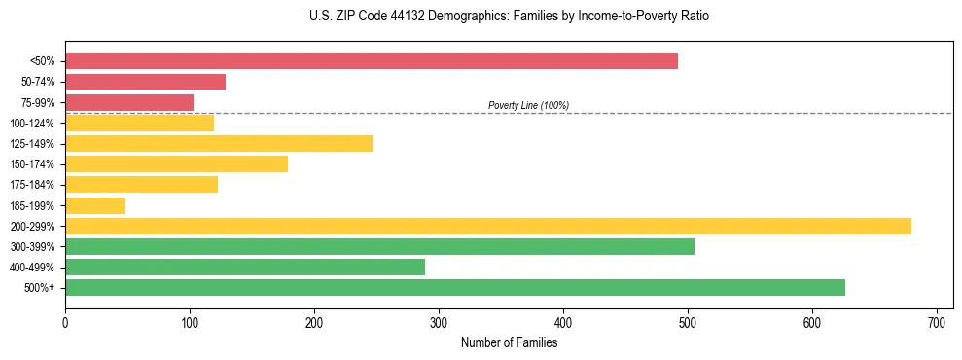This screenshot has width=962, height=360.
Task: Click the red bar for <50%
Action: pyautogui.click(x=371, y=61)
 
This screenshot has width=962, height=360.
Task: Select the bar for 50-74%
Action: pyautogui.click(x=145, y=82)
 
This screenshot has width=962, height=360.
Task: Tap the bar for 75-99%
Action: pyautogui.click(x=129, y=102)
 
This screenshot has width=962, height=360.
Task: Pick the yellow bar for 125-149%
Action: pyautogui.click(x=219, y=144)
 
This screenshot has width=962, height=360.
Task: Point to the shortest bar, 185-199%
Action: pyautogui.click(x=94, y=205)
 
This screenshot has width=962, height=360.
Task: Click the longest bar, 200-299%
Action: pyautogui.click(x=488, y=226)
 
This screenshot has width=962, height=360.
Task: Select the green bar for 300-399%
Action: pyautogui.click(x=379, y=246)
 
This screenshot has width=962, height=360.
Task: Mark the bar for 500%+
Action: pyautogui.click(x=455, y=287)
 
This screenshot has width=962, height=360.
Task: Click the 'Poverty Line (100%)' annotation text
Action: pyautogui.click(x=528, y=105)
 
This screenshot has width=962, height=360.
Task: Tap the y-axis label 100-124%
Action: pyautogui.click(x=32, y=124)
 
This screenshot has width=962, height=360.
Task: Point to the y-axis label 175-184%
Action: pyautogui.click(x=32, y=185)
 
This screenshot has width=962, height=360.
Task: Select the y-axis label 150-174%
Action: pyautogui.click(x=32, y=164)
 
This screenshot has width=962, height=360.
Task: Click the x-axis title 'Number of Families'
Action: pyautogui.click(x=509, y=342)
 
